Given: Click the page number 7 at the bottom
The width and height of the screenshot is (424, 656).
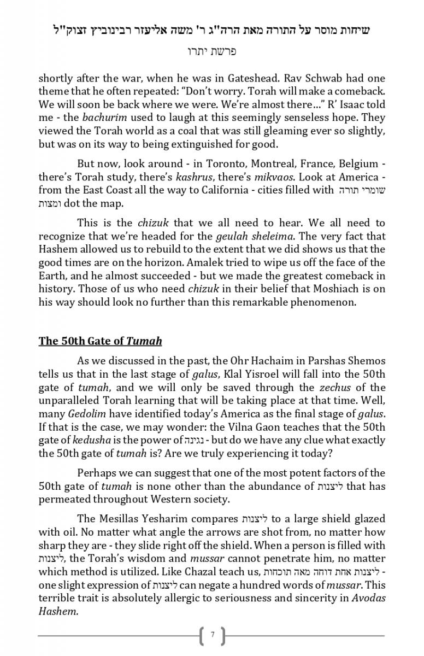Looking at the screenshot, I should (x=212, y=635).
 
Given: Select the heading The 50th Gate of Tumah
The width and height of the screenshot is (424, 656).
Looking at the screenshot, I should (x=100, y=341).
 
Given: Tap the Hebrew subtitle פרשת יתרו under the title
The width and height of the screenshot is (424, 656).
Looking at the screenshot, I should (x=211, y=52).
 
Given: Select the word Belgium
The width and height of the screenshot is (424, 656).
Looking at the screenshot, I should (x=358, y=163).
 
